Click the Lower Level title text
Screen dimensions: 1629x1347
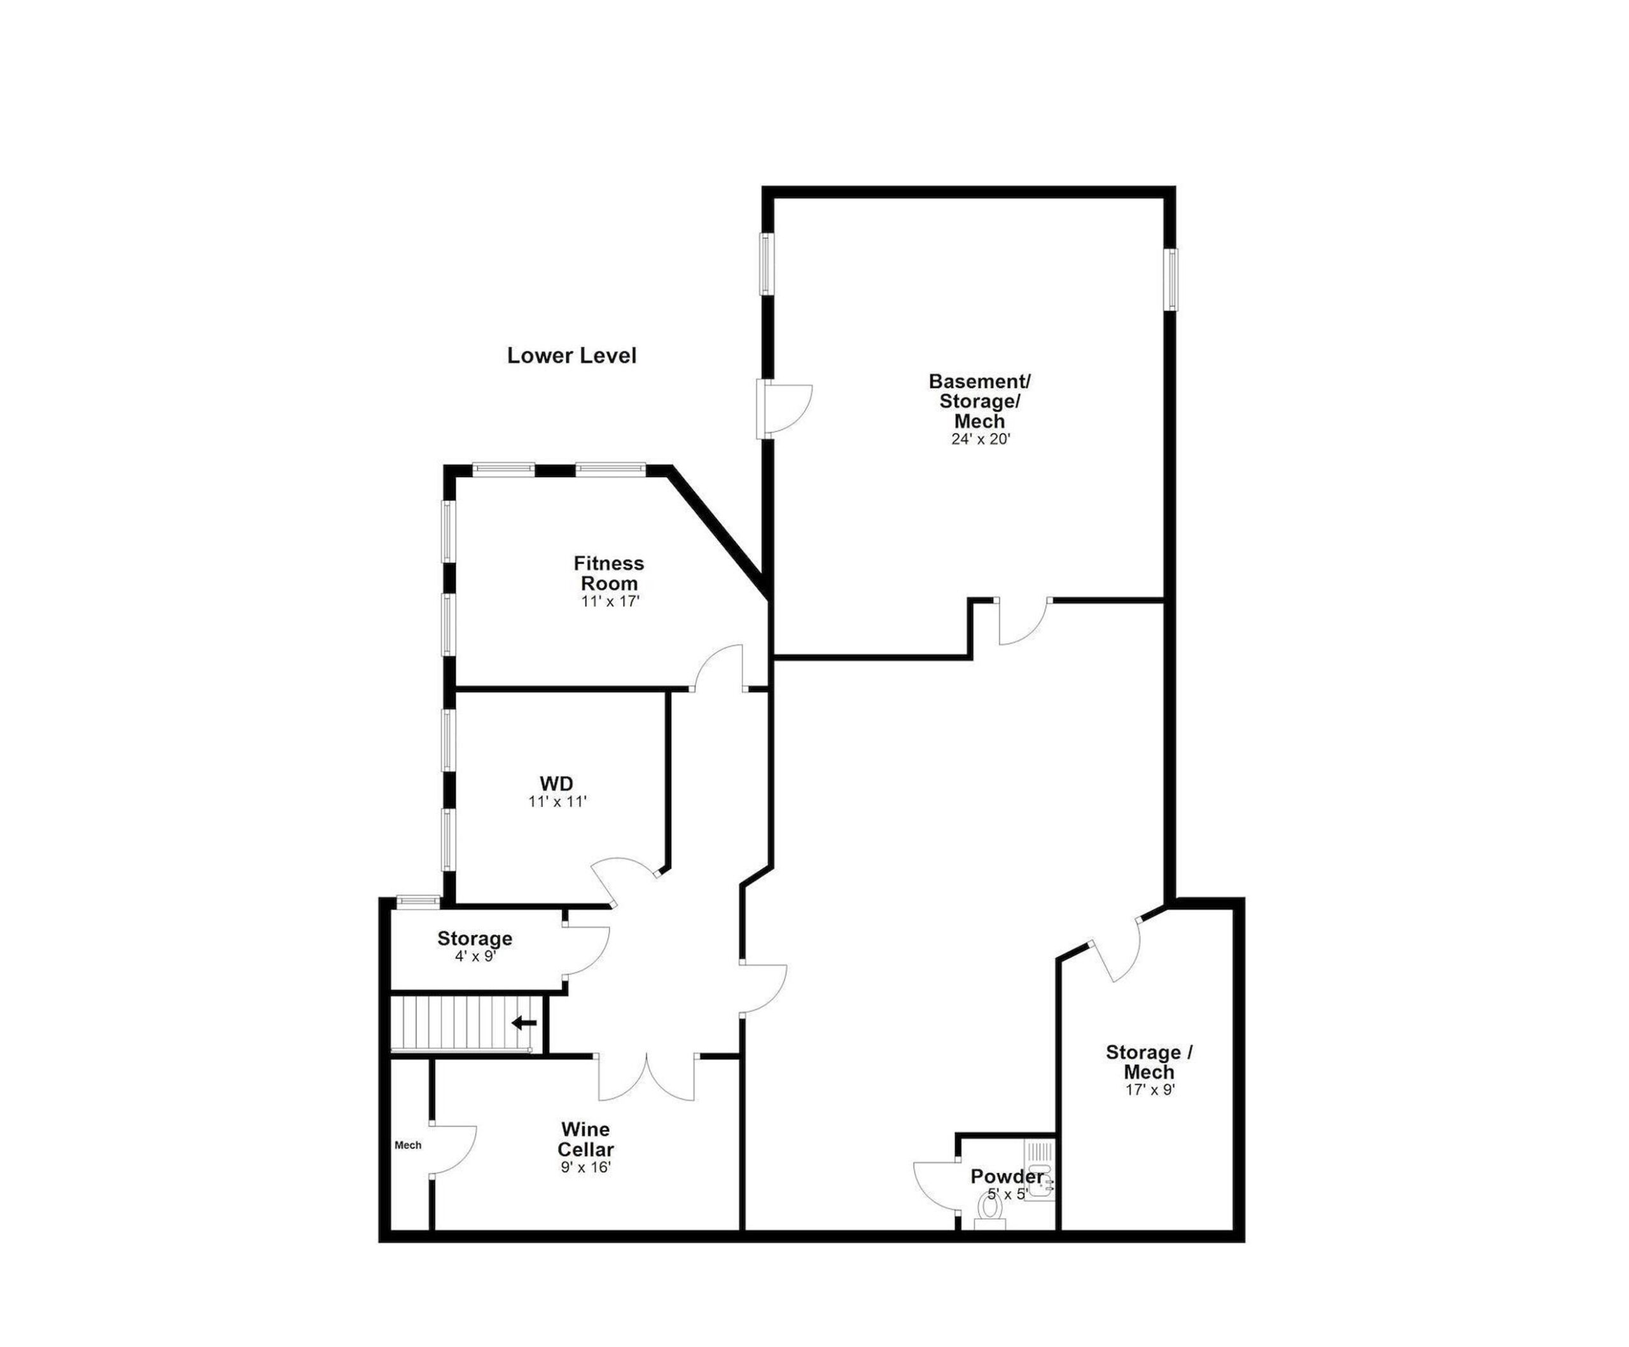coord(571,356)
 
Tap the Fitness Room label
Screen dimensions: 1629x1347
coord(609,573)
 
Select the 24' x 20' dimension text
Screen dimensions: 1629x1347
coord(981,439)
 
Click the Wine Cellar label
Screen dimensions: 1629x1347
coord(585,1139)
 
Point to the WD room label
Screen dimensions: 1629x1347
coord(557,784)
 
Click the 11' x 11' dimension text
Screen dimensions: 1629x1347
coord(557,802)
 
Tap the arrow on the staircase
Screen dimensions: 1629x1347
coord(524,1023)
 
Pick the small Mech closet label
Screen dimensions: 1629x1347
coord(408,1145)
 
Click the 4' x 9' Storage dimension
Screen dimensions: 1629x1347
coord(475,957)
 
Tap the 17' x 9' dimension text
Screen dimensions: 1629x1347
coord(1150,1089)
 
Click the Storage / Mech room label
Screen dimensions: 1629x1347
coord(1150,1063)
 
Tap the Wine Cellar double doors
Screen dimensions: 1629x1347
coord(646,1077)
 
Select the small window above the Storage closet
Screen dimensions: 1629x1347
coord(418,901)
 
